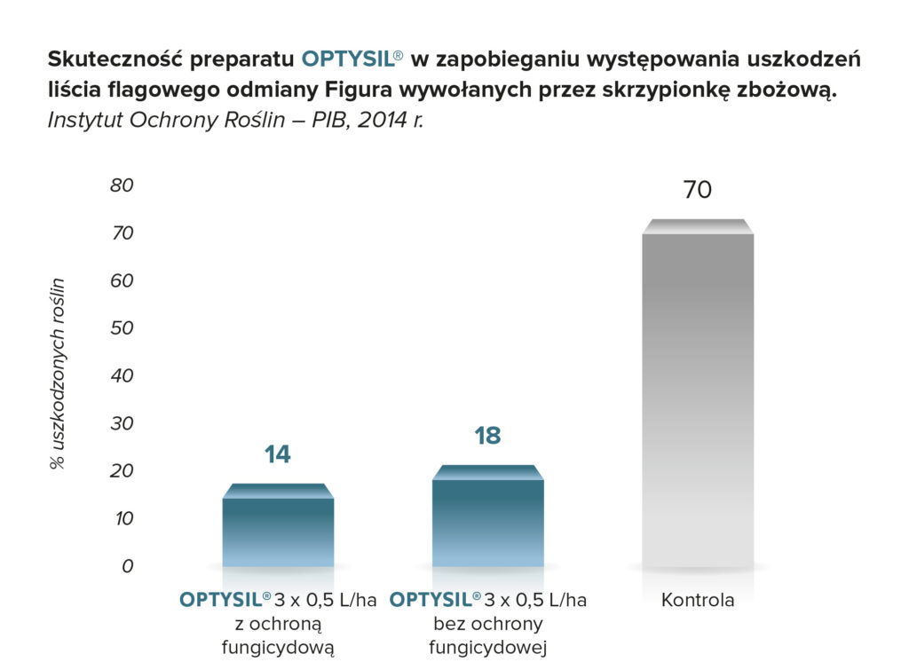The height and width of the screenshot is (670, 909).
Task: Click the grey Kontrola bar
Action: click(x=698, y=399)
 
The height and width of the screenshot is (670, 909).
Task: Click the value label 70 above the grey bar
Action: click(x=698, y=190)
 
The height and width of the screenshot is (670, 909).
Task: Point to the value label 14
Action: click(x=277, y=454)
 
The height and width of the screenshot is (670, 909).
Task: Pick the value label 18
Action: click(x=487, y=436)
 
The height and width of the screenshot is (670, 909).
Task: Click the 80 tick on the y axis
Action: click(x=121, y=185)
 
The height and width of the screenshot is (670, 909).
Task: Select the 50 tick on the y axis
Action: click(x=121, y=328)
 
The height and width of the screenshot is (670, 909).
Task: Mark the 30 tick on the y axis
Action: click(x=121, y=423)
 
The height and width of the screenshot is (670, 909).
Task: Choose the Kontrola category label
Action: click(x=698, y=601)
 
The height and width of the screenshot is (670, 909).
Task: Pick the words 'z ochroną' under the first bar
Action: click(x=278, y=624)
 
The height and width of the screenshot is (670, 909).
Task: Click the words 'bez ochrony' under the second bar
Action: click(x=487, y=624)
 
